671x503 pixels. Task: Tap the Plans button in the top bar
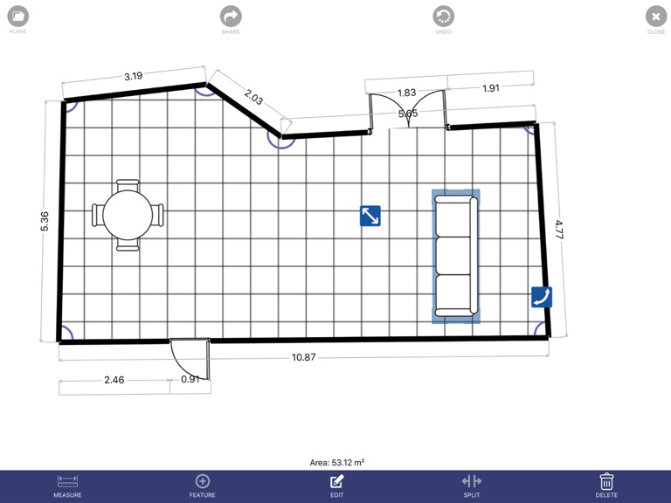(x=17, y=16)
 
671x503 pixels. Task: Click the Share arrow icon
(x=231, y=16)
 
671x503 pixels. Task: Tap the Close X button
(x=656, y=16)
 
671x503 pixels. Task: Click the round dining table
(x=128, y=215)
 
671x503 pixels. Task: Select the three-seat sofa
(x=456, y=257)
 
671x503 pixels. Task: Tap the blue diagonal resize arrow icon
(x=370, y=216)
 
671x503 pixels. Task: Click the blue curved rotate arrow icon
(x=542, y=297)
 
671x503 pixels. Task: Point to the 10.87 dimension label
(x=303, y=358)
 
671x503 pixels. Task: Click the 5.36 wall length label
(x=45, y=221)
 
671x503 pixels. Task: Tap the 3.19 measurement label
(x=133, y=76)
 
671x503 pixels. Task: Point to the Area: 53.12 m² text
(x=336, y=462)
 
